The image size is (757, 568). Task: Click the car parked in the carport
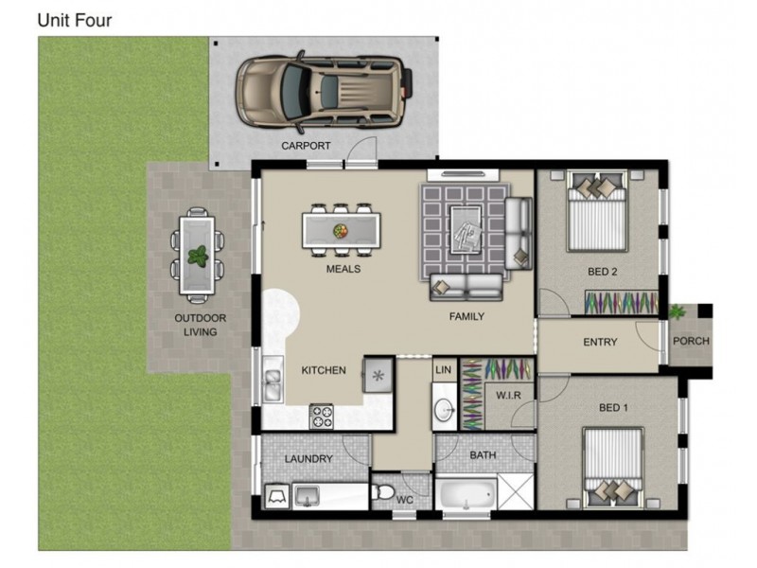325,92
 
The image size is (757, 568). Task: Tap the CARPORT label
306,146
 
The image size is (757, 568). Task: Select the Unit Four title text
75,20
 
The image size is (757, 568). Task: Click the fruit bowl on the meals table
341,231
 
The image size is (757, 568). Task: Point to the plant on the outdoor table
198,256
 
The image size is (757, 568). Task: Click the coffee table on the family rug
466,229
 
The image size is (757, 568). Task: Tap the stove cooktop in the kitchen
322,417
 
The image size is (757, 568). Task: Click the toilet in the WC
383,492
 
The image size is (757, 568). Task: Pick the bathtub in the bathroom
467,493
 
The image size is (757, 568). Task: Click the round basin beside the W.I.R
445,411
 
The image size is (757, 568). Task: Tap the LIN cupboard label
443,370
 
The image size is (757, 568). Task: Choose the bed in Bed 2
597,210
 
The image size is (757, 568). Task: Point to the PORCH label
691,341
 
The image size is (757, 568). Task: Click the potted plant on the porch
677,312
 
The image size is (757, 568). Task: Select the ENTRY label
600,342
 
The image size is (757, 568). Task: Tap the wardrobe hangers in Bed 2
622,303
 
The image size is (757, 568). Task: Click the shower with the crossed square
516,491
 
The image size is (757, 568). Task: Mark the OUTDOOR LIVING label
200,325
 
